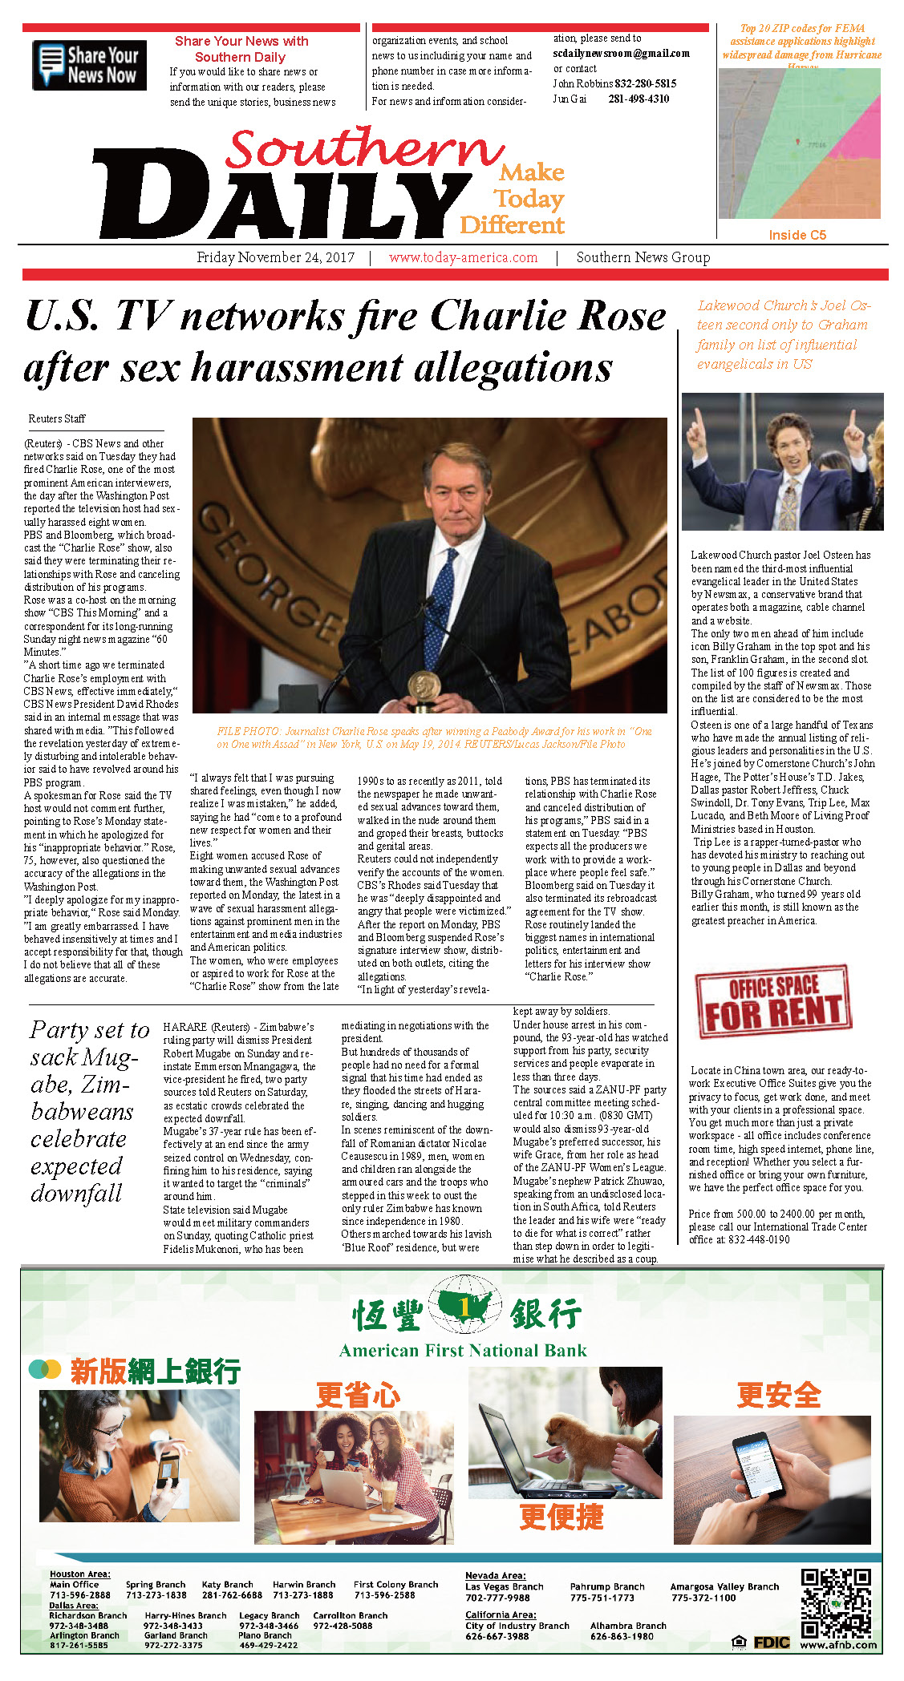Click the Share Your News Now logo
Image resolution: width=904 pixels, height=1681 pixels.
(x=89, y=65)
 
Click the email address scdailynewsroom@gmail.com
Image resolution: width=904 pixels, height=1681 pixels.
(x=621, y=54)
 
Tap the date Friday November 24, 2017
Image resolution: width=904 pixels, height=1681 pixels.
(x=275, y=257)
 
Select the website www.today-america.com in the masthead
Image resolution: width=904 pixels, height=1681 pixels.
(x=463, y=257)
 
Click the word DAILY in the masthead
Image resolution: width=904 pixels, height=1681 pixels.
(x=273, y=196)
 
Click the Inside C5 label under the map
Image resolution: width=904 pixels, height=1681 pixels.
(x=797, y=235)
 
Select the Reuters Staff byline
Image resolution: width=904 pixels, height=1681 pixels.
(x=57, y=418)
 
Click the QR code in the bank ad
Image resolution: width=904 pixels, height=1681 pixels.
(x=836, y=1603)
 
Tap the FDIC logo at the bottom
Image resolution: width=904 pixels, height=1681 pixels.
(x=771, y=1643)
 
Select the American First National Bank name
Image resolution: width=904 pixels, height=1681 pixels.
(x=463, y=1351)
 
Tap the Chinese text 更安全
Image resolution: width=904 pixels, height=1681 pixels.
(x=778, y=1395)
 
